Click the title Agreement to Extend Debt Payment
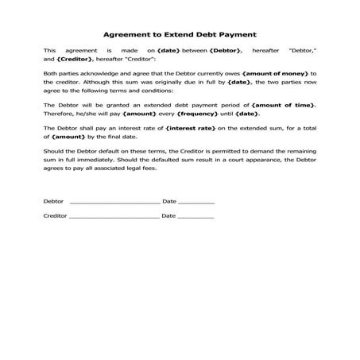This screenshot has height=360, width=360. coord(180,35)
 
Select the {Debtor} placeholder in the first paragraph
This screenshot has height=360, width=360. coord(223,49)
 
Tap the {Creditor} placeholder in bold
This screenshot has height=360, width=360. coord(74,59)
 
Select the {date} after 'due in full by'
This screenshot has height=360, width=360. coord(238,81)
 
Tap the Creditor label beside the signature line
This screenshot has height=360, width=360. coord(56,215)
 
